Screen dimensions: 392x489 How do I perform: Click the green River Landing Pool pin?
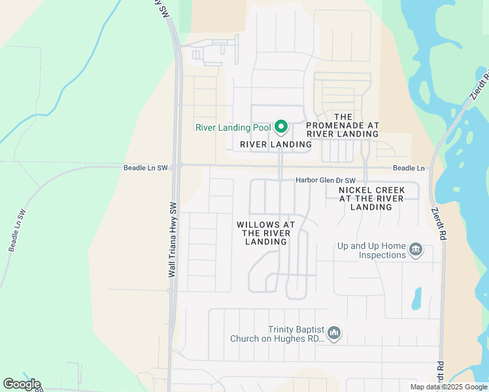281,126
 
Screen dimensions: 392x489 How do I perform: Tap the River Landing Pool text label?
233,127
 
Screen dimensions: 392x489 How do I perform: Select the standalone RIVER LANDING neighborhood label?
276,144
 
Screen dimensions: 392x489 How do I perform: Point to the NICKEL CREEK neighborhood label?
371,199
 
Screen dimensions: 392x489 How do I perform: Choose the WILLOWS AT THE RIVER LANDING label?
266,233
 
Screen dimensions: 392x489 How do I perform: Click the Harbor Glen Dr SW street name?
326,180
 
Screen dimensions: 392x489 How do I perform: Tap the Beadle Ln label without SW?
408,169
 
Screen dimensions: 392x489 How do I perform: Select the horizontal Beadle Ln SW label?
145,168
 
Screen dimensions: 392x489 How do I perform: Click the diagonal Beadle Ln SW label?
17,231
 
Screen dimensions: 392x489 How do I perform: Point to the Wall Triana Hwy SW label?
173,239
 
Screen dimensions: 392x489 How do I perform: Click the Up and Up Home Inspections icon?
415,250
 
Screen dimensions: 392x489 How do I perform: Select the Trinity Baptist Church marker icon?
334,334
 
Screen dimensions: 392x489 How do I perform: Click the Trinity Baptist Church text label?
277,335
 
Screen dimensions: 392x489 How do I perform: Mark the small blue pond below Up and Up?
416,299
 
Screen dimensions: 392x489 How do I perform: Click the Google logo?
22,384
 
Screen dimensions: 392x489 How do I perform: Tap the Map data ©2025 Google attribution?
448,387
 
